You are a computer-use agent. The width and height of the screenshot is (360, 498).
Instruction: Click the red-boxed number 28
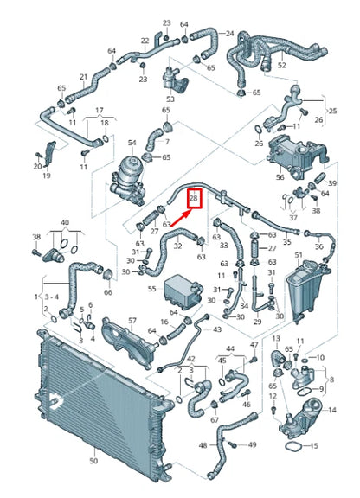pos(194,199)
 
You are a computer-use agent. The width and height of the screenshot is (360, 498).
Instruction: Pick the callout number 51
pos(299,256)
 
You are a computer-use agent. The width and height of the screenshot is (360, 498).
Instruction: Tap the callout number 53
pos(170,99)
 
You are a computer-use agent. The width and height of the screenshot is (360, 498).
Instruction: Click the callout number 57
pos(132,321)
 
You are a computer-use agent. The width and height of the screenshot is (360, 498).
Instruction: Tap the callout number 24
pos(228,35)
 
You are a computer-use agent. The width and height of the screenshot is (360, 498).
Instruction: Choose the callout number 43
pos(216,329)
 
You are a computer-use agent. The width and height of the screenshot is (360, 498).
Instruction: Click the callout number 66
pos(108,292)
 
